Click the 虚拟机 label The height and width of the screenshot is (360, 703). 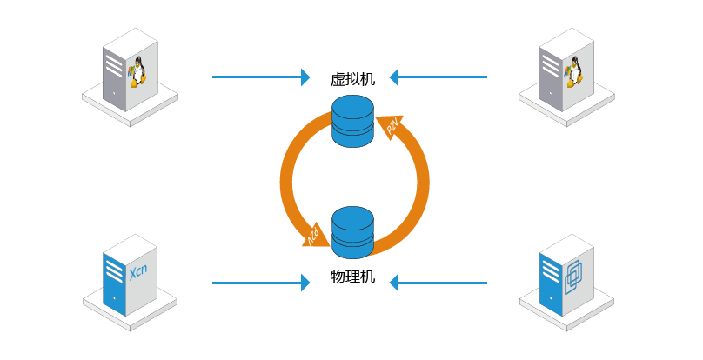coord(352,79)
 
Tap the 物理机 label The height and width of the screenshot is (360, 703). coord(352,277)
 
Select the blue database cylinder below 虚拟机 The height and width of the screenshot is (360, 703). coord(352,121)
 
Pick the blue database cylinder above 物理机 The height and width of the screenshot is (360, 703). coord(352,233)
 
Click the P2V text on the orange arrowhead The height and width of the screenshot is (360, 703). coord(392,126)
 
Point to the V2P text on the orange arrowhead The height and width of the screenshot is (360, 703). coord(313,235)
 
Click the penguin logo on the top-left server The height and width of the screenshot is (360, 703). coord(137,71)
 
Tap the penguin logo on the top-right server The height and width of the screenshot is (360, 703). coord(573,71)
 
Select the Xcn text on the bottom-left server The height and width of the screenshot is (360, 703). coord(138,271)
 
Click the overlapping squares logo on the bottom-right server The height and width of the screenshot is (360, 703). coord(573,278)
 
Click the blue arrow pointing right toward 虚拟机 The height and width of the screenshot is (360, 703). coord(261,77)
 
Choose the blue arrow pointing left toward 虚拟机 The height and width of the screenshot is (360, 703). coord(438,77)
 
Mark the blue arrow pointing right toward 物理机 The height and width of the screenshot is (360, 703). coord(261,283)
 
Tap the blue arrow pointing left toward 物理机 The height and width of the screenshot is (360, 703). coord(438,283)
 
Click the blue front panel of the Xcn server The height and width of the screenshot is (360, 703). coord(114,284)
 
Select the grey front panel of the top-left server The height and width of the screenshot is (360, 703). coord(114,79)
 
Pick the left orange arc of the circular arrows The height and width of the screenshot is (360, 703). coord(294,179)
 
